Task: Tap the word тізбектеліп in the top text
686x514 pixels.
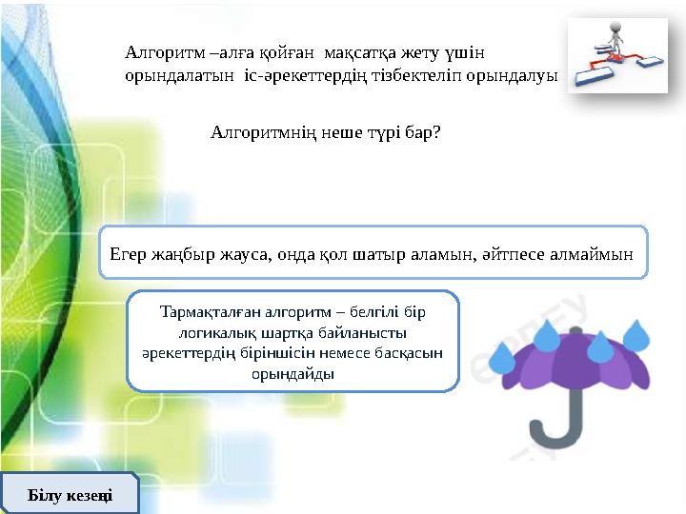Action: click(x=416, y=74)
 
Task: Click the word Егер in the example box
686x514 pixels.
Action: click(x=127, y=253)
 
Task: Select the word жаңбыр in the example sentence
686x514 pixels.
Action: click(x=181, y=253)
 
